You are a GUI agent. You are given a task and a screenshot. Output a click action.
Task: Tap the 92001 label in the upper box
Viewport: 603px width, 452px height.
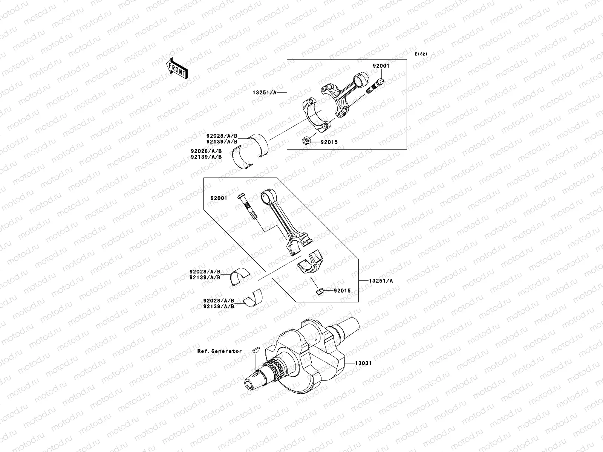pos(381,66)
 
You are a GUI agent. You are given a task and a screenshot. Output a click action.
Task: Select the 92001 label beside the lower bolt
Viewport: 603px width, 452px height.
pos(219,198)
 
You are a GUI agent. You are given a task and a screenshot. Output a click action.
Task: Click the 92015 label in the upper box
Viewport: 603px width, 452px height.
pos(329,142)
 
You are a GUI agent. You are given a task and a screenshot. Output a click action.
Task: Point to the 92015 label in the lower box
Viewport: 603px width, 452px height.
pos(342,290)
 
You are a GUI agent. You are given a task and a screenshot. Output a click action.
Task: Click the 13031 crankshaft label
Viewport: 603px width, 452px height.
pos(363,363)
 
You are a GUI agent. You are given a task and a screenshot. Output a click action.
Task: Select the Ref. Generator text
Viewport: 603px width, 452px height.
pos(219,351)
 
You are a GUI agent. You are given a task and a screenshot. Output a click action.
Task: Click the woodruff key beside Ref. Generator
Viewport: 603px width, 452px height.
pos(256,349)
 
